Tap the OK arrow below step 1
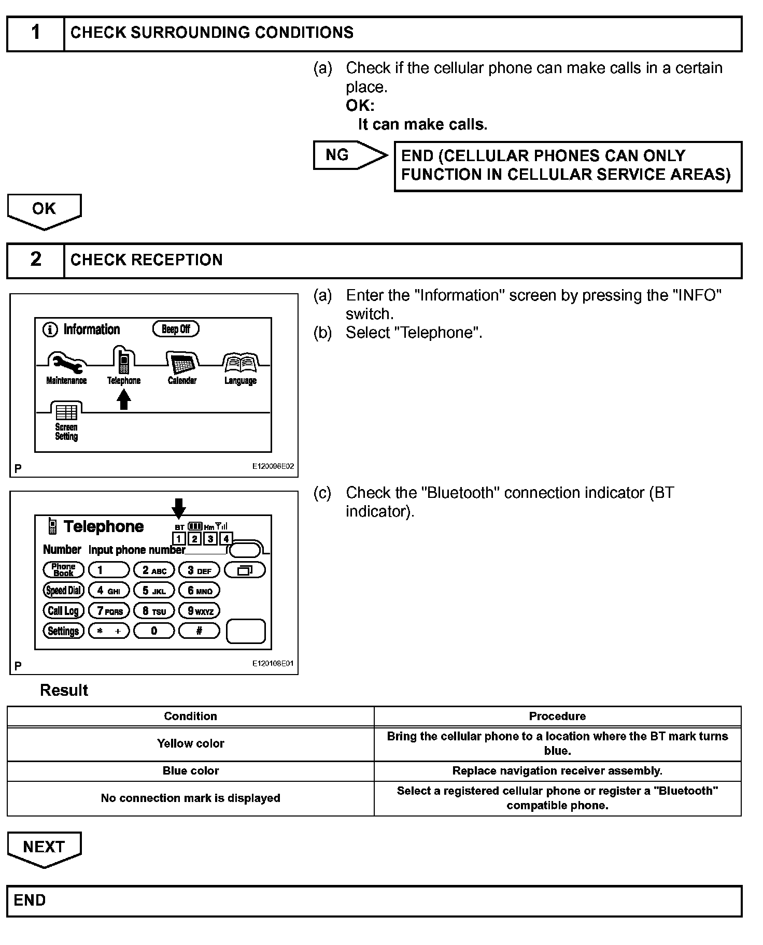click(x=44, y=210)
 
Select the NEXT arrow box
click(x=44, y=848)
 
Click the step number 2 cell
click(x=35, y=260)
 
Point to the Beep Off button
click(x=176, y=329)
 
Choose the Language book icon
click(x=240, y=363)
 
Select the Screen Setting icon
click(x=66, y=412)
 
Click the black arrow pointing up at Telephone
click(x=124, y=399)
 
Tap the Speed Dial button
click(x=63, y=590)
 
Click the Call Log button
click(x=63, y=611)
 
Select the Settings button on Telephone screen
click(x=63, y=631)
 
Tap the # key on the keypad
click(x=199, y=631)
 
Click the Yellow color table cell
click(x=190, y=744)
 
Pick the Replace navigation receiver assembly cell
click(x=557, y=771)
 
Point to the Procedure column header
click(x=557, y=717)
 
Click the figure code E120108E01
click(x=273, y=664)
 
